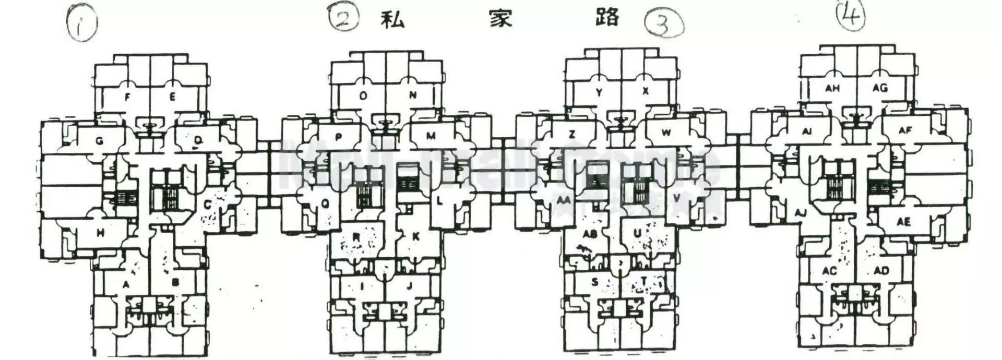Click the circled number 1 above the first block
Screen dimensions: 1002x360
click(x=81, y=22)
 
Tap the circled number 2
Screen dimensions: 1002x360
click(x=343, y=18)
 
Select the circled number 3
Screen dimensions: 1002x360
click(x=663, y=23)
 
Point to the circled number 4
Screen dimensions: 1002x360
click(x=850, y=16)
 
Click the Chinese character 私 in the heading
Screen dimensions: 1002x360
click(x=392, y=19)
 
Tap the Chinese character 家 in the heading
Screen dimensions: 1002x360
click(x=500, y=19)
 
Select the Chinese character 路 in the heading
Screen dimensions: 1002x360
click(x=607, y=17)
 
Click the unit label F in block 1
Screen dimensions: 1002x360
click(x=127, y=97)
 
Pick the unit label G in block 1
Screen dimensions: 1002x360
click(x=100, y=140)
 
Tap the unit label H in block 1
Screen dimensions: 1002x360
click(x=100, y=233)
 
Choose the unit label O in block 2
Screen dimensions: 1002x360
click(x=363, y=95)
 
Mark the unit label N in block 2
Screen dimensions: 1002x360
click(x=413, y=95)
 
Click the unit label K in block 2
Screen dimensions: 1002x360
click(x=416, y=236)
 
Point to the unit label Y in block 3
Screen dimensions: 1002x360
click(x=599, y=92)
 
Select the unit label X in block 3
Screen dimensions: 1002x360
click(x=646, y=91)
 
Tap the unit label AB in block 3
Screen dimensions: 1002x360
click(x=590, y=234)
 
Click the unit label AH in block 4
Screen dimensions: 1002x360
click(x=832, y=88)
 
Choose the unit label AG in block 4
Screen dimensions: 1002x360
click(x=880, y=88)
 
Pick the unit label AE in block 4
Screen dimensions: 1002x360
click(x=903, y=222)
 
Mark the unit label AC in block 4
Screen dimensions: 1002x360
click(x=829, y=271)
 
